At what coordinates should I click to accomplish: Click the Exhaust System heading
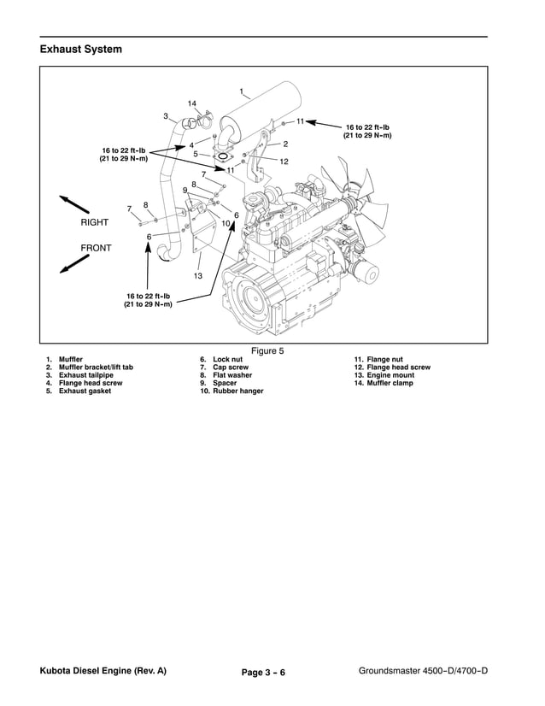[80, 50]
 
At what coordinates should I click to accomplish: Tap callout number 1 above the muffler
[242, 91]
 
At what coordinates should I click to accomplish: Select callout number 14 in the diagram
[192, 103]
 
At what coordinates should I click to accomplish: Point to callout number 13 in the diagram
[197, 276]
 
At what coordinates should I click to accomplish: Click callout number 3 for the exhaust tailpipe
[165, 116]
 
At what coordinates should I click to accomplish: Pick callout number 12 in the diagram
[284, 162]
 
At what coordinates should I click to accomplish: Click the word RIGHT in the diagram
[95, 221]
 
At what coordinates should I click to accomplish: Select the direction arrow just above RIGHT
[75, 204]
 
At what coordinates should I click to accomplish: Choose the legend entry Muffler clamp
[383, 383]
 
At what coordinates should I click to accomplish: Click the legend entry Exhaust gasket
[79, 391]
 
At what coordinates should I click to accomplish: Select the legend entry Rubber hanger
[231, 391]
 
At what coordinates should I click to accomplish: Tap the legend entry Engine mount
[383, 375]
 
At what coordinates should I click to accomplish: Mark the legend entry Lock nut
[221, 360]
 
